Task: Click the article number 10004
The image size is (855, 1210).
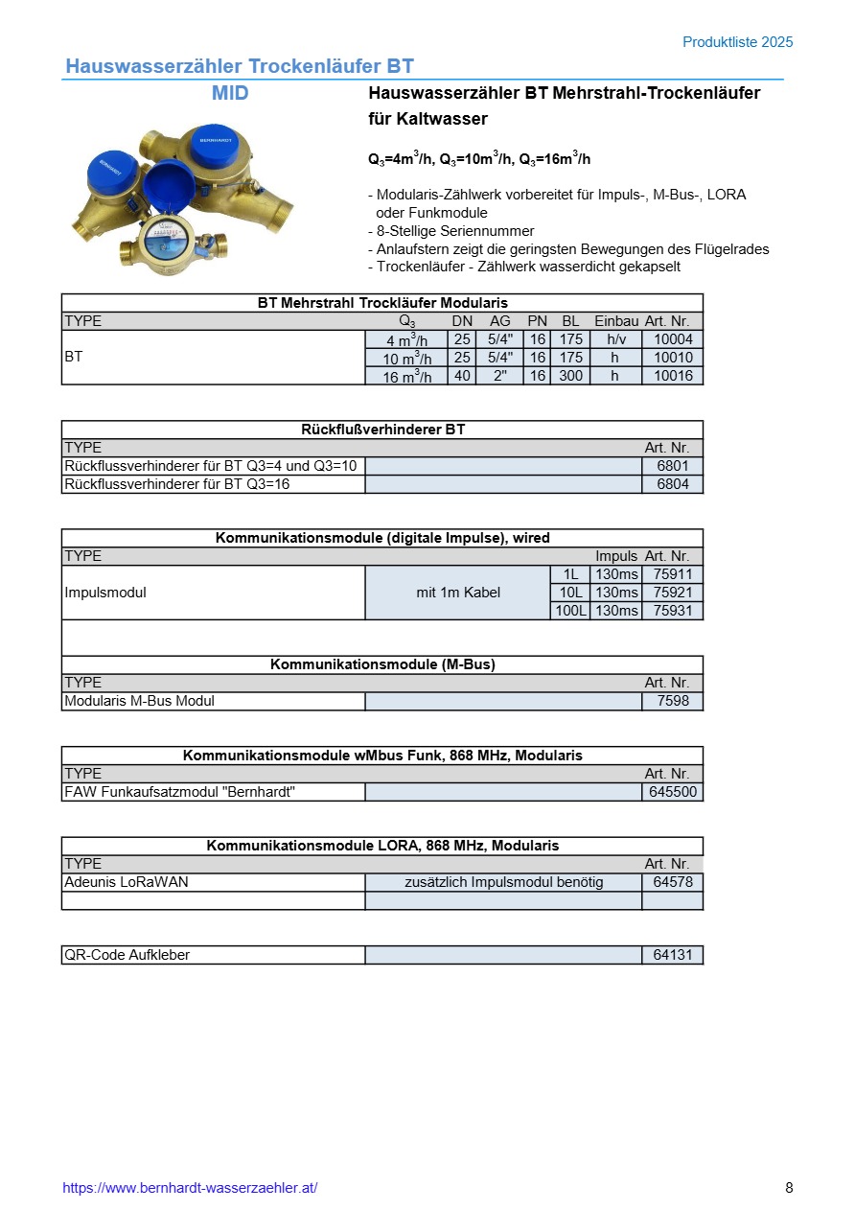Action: pyautogui.click(x=672, y=339)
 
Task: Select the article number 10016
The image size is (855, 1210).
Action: pyautogui.click(x=672, y=376)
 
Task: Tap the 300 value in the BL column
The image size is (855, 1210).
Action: pyautogui.click(x=570, y=376)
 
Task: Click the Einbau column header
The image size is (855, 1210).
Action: pyautogui.click(x=616, y=321)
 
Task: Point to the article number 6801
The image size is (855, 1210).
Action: pyautogui.click(x=672, y=466)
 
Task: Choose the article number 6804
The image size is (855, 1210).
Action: pyautogui.click(x=672, y=484)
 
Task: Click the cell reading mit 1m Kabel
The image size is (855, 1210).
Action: pyautogui.click(x=458, y=593)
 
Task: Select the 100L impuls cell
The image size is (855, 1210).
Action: pyautogui.click(x=570, y=611)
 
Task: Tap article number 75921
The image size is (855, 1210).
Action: pyautogui.click(x=672, y=593)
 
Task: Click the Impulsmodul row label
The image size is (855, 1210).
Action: pyautogui.click(x=105, y=593)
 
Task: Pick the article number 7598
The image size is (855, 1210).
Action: pyautogui.click(x=672, y=701)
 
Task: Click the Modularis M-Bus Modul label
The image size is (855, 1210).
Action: pyautogui.click(x=139, y=701)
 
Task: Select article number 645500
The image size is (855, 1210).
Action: pyautogui.click(x=672, y=792)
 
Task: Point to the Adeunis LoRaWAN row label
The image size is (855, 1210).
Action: pyautogui.click(x=126, y=882)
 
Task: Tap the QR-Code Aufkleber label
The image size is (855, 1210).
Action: pyautogui.click(x=126, y=955)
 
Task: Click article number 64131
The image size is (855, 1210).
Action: pyautogui.click(x=672, y=955)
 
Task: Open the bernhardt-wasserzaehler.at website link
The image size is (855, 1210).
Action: pyautogui.click(x=190, y=1188)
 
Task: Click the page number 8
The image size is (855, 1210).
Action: pyautogui.click(x=789, y=1188)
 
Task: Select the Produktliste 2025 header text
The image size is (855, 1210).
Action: pyautogui.click(x=737, y=42)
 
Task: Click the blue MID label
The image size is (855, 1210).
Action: pyautogui.click(x=230, y=93)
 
